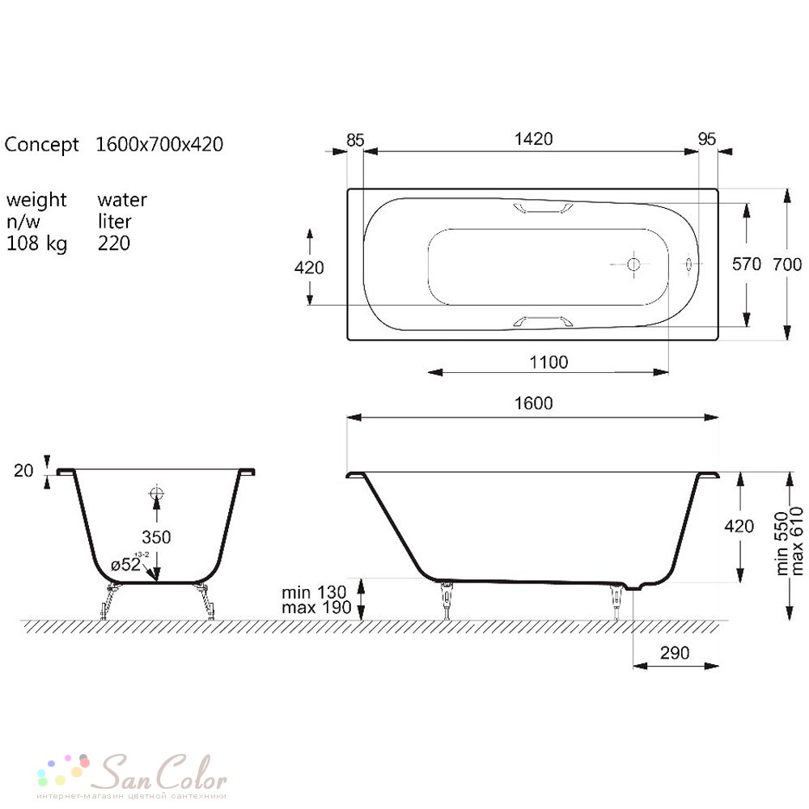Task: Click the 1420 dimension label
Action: tap(533, 139)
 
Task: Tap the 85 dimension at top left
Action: tap(355, 140)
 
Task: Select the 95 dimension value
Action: tap(707, 139)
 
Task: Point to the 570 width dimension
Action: tap(746, 265)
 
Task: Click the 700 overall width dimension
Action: tap(787, 265)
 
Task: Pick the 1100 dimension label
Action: tap(549, 362)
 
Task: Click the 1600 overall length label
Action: tap(533, 403)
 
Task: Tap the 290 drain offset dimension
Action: tap(675, 653)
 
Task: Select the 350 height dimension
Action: tap(156, 537)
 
